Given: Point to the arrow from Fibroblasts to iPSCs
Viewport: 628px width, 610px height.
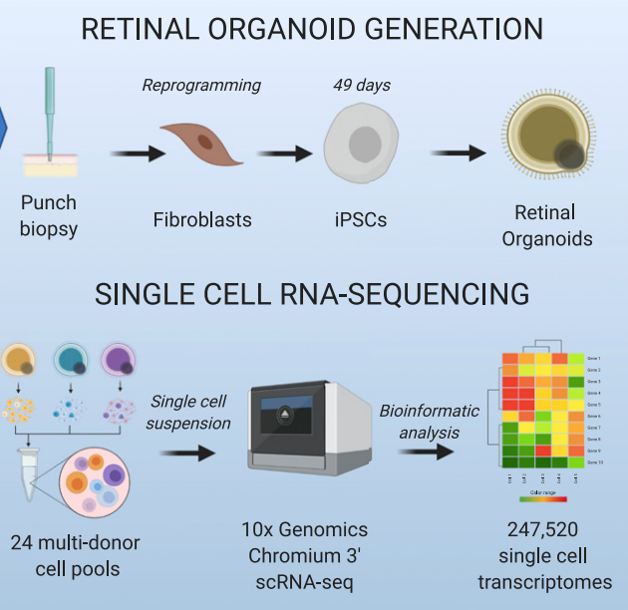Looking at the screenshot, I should (x=285, y=153).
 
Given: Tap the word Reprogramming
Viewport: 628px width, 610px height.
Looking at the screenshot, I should (x=201, y=85).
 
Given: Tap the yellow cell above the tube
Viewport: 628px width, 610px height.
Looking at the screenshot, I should (x=21, y=362).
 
